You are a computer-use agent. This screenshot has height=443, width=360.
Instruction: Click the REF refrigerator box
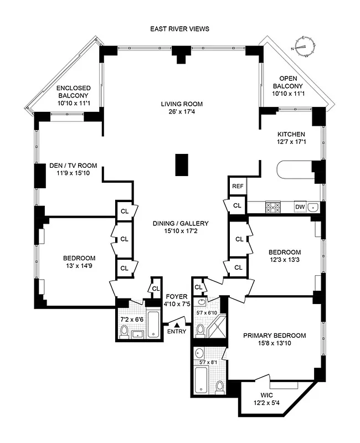coord(238,187)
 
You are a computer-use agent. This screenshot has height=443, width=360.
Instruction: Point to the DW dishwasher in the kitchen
coord(299,207)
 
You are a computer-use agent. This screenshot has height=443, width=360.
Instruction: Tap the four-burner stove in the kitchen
coord(273,207)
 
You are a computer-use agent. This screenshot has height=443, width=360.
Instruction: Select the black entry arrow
coord(178,323)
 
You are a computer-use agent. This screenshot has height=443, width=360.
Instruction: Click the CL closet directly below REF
coord(237,205)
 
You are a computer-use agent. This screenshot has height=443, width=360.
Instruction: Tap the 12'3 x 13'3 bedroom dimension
coord(284,261)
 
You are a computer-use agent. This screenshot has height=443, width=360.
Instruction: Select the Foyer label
coord(177,297)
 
